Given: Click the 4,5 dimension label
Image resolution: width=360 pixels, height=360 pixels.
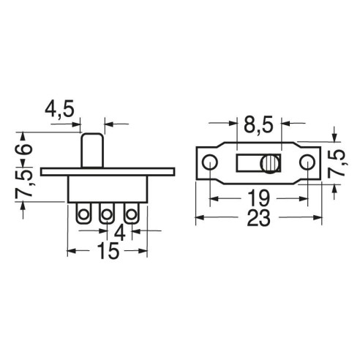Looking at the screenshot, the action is coord(59,110).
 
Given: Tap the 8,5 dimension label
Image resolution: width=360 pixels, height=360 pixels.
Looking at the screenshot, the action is coord(258,126).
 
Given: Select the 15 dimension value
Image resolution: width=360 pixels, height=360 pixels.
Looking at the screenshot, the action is coord(108,250).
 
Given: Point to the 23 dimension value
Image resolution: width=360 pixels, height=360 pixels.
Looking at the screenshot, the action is coord(259,217).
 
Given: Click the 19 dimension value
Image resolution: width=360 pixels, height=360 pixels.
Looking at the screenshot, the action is coord(259,198).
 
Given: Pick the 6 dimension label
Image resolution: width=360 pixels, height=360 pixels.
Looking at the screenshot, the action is coord(24,149).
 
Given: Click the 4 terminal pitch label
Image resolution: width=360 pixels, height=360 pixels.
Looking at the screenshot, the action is coord(120,233).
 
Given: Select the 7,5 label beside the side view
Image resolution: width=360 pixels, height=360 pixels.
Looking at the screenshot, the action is coord(24,183).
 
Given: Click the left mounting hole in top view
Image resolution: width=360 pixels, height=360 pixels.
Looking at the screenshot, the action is coord(210,162).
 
